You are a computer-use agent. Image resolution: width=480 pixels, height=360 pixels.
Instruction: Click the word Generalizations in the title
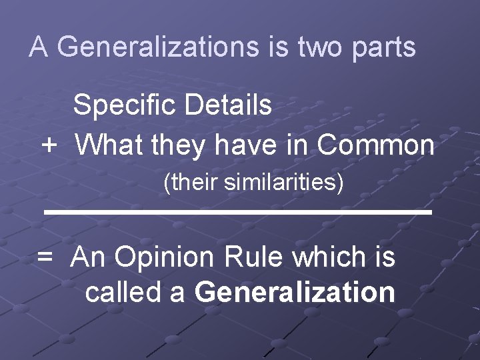[158, 47]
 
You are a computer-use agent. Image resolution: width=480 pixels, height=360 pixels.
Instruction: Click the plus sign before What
[49, 145]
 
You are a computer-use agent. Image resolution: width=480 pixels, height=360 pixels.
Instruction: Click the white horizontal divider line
[238, 211]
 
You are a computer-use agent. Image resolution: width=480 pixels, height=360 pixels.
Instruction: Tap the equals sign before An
[45, 257]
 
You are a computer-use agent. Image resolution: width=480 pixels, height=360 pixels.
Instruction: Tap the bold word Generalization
[295, 291]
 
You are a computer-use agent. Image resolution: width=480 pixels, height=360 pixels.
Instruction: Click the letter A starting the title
[39, 47]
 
